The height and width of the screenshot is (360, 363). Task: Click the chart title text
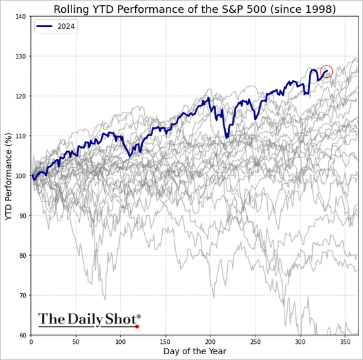[x=194, y=9]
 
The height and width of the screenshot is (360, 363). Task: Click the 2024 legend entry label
[x=66, y=27]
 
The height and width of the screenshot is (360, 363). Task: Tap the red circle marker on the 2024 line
[x=326, y=71]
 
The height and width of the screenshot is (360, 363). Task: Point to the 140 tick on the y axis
[x=21, y=17]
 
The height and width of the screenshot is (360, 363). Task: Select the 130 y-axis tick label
[x=21, y=57]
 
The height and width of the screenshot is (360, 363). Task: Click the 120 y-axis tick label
[x=21, y=96]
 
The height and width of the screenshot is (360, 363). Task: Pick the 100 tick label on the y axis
[x=21, y=176]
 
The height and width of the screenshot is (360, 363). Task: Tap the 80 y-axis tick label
[x=23, y=256]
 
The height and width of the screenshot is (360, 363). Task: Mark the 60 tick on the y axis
[x=23, y=335]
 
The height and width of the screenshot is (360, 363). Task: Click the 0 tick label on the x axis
[x=31, y=341]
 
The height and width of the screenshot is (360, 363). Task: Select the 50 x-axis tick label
[x=76, y=341]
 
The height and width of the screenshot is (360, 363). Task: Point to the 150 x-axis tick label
[x=165, y=341]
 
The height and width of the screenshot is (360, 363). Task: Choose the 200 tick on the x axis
[x=210, y=341]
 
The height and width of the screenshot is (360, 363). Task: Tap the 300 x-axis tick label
[x=300, y=341]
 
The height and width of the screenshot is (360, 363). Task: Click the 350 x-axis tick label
[x=345, y=341]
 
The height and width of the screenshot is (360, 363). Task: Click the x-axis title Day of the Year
[x=194, y=352]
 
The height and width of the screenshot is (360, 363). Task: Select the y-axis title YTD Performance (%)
[x=9, y=175]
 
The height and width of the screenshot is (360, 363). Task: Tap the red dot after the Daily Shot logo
[x=137, y=327]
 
